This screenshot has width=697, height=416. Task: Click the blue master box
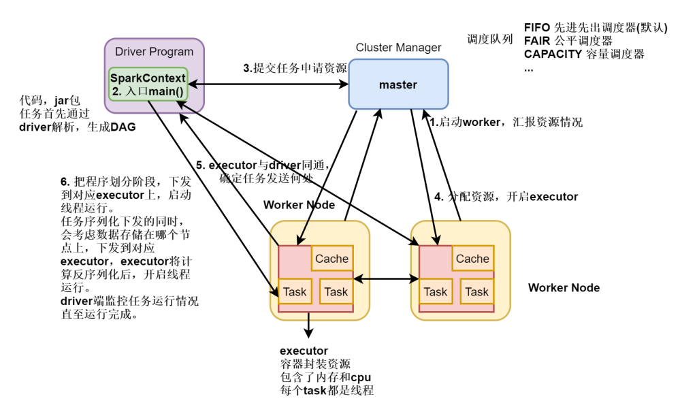click(398, 84)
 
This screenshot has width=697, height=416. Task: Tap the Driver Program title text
click(154, 52)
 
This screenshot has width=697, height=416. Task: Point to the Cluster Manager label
click(398, 48)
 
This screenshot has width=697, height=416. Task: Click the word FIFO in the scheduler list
click(537, 28)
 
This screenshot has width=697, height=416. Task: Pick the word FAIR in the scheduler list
click(537, 41)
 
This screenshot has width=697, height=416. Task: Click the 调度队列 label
click(490, 39)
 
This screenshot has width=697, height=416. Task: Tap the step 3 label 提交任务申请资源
click(295, 68)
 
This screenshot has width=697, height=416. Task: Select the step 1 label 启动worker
click(504, 123)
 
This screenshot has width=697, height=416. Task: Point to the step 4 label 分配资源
click(506, 197)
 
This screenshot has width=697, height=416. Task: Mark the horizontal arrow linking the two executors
click(385, 279)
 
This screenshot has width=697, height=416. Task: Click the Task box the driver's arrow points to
click(295, 292)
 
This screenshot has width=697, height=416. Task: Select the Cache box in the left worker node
click(331, 259)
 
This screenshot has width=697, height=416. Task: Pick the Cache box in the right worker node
click(472, 259)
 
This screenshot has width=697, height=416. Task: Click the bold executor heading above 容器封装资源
click(304, 351)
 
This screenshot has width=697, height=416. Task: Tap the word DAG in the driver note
click(123, 127)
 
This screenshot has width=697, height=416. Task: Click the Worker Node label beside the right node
click(564, 288)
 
